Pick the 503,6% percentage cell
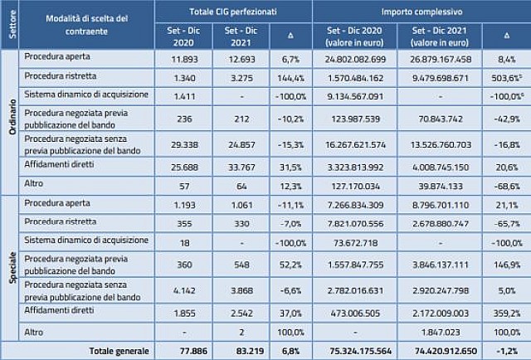click(x=505, y=79)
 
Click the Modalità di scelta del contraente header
click(x=86, y=24)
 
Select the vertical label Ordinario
click(x=11, y=125)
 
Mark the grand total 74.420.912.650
click(x=449, y=351)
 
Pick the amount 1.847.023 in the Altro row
click(x=449, y=332)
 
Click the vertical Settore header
click(x=11, y=24)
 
